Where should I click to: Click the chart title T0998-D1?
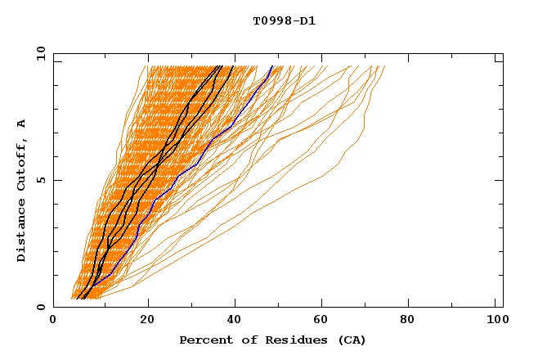(x=284, y=20)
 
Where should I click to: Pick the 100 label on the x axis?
(x=495, y=321)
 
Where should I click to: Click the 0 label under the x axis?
(x=53, y=321)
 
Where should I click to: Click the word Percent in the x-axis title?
(x=204, y=340)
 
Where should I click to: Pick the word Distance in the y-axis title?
(x=22, y=232)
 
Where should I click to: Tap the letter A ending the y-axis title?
(x=22, y=124)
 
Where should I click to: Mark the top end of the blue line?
(x=272, y=65)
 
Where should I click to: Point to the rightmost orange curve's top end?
(x=388, y=65)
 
